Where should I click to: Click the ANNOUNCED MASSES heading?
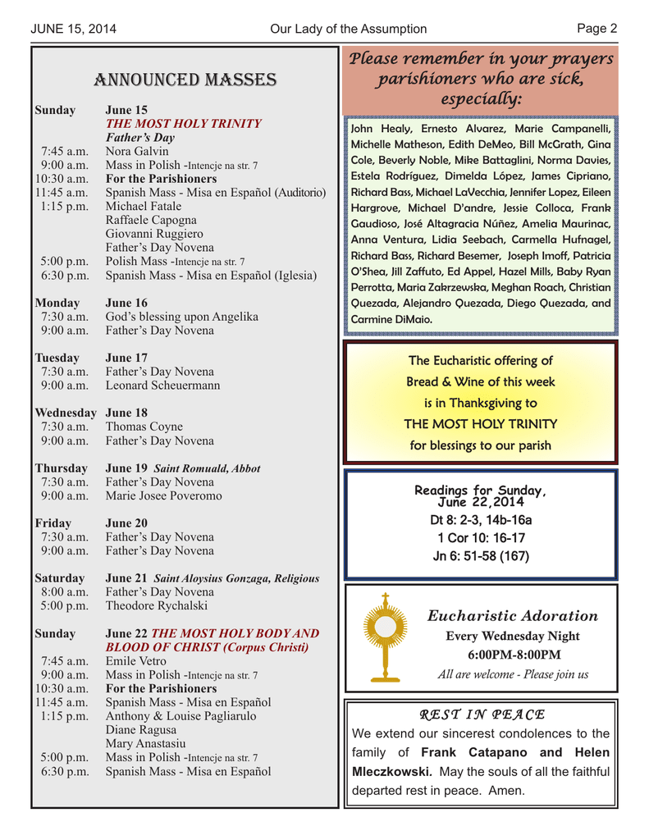(185, 80)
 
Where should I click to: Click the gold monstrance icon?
(383, 637)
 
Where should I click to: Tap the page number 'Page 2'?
(596, 29)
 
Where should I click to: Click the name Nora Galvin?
(137, 151)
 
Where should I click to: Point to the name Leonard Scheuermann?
(162, 385)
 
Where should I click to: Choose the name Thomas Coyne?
(144, 427)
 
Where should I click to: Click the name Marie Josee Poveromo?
(163, 495)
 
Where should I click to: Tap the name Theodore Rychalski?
(157, 605)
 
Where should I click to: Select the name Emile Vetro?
(136, 660)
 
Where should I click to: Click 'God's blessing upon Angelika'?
(182, 316)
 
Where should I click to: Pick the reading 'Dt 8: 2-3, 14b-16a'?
(481, 520)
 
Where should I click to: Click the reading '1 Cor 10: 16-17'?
(481, 538)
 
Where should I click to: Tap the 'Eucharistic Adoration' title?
(513, 616)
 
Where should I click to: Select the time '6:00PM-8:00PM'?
(514, 655)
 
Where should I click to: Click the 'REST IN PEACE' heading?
(482, 714)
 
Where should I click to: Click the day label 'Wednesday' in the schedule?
(66, 413)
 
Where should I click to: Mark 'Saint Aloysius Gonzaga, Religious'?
(236, 578)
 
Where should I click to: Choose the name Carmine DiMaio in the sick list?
(391, 319)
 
